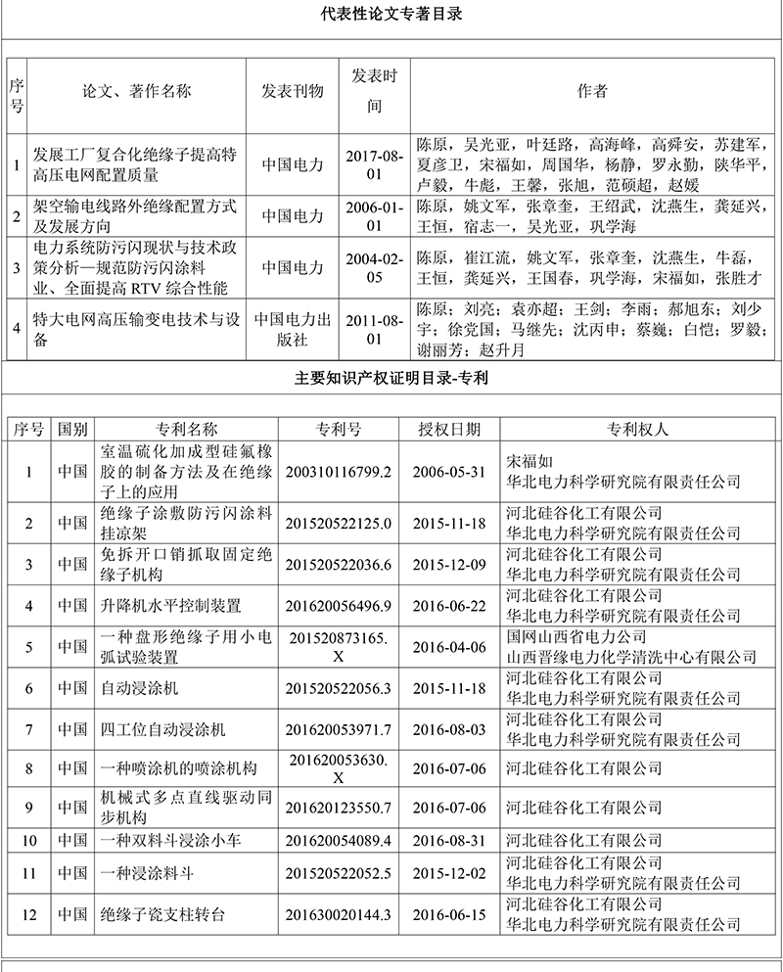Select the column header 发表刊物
tap(292, 91)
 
